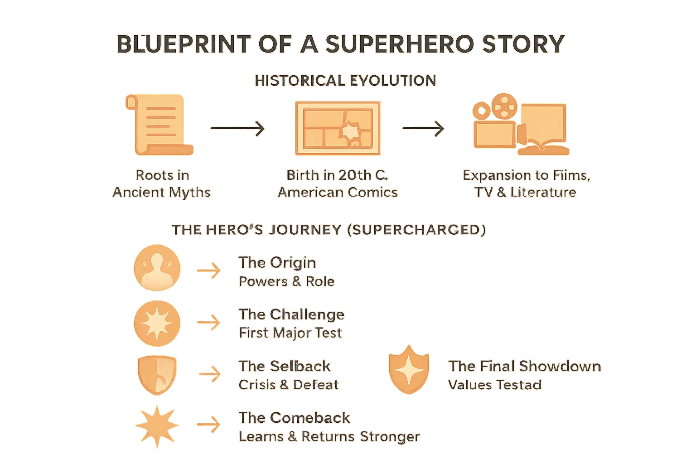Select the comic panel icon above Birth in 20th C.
click(x=338, y=126)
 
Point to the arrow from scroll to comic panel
click(x=237, y=129)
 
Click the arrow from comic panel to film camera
click(x=423, y=129)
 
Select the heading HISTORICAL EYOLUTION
click(x=345, y=81)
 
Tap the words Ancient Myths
click(x=162, y=192)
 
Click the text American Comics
click(x=338, y=192)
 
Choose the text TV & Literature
click(x=525, y=192)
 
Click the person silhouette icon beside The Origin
click(x=157, y=268)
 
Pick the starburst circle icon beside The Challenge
click(x=157, y=323)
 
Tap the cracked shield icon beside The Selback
click(x=156, y=374)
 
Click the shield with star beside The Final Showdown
click(x=409, y=370)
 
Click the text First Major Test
click(x=290, y=333)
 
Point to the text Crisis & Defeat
click(x=288, y=385)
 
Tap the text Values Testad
click(x=495, y=385)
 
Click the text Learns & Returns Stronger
click(x=329, y=437)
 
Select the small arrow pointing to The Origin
click(x=208, y=271)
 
